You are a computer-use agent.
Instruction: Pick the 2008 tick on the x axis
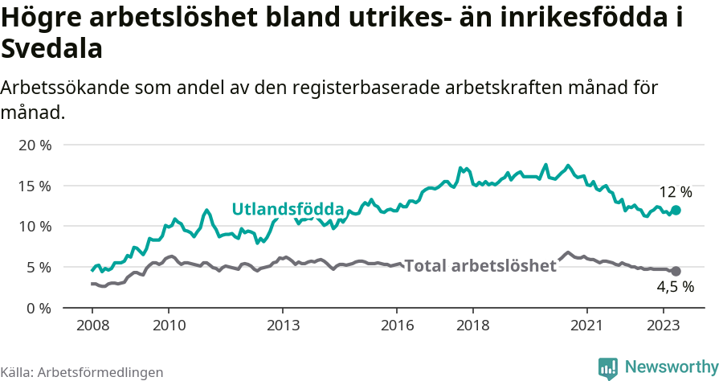click(x=92, y=326)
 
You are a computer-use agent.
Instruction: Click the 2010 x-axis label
click(x=168, y=326)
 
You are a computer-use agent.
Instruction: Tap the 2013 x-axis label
click(x=283, y=326)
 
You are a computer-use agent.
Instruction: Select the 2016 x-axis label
click(x=397, y=326)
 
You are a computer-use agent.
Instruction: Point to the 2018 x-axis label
click(x=473, y=326)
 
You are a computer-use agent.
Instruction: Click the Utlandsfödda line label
click(x=288, y=209)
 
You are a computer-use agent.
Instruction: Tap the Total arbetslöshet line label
click(x=480, y=266)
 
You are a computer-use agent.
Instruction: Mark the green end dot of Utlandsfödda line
click(x=676, y=210)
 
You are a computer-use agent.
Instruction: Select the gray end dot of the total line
click(x=676, y=271)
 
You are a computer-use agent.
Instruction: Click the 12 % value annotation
click(x=675, y=192)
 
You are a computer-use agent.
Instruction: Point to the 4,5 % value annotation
click(x=675, y=287)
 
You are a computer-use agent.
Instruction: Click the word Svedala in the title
click(x=52, y=50)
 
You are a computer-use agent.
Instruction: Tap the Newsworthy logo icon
click(x=608, y=367)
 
